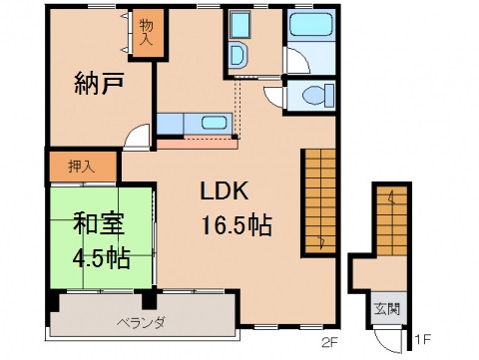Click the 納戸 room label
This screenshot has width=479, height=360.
pyautogui.click(x=98, y=85)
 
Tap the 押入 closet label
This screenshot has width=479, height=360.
pyautogui.click(x=82, y=167)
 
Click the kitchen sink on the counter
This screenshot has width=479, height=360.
pyautogui.click(x=213, y=124)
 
